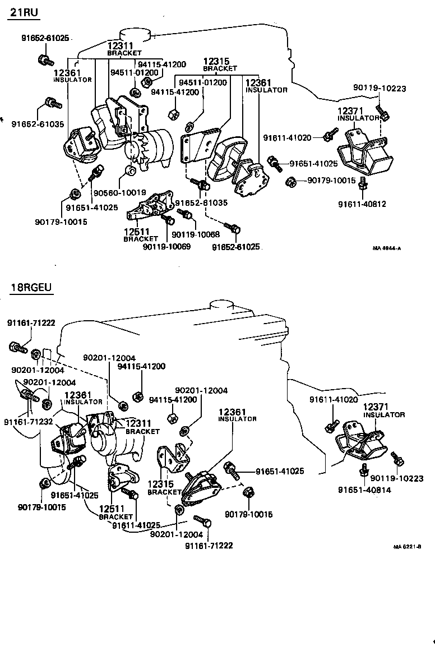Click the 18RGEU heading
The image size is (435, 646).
click(x=31, y=289)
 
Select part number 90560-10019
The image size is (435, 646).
click(x=119, y=192)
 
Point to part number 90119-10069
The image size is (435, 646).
click(x=166, y=246)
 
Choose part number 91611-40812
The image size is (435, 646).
click(x=362, y=204)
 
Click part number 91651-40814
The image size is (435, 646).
click(x=364, y=490)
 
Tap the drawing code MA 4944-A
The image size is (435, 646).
click(x=387, y=248)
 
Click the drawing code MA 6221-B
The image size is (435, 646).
click(x=406, y=546)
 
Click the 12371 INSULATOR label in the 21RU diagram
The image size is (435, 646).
click(x=358, y=114)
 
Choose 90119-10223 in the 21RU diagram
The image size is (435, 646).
click(x=380, y=88)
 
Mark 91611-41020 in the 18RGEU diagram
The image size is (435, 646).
click(x=334, y=399)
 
